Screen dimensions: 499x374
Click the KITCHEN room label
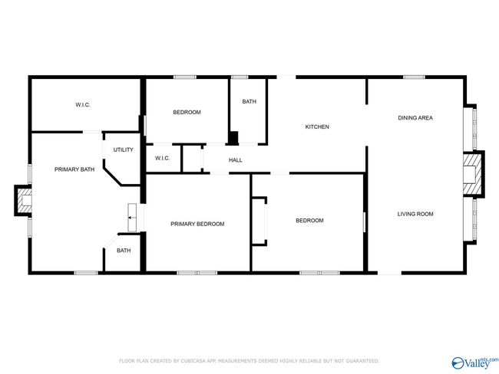pos(317,126)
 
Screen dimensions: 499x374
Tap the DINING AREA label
pos(415,118)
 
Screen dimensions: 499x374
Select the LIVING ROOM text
pos(415,214)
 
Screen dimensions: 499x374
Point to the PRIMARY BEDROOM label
pos(197,224)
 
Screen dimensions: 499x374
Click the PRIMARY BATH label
pos(74,169)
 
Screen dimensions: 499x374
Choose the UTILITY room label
pos(123,149)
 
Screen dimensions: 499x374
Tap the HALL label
pos(236,160)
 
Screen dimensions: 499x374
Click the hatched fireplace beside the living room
pos(472,174)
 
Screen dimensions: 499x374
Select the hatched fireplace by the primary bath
pos(25,201)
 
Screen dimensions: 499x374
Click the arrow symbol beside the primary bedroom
pos(131,218)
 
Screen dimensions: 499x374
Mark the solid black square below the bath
pos(234,138)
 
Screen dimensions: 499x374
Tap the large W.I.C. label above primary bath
pos(83,105)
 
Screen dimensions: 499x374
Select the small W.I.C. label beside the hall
pos(162,158)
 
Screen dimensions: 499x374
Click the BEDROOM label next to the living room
pos(309,221)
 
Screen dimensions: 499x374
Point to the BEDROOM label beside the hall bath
pos(187,112)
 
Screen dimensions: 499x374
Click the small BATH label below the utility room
pos(124,251)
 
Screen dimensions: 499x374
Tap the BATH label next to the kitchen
pos(249,102)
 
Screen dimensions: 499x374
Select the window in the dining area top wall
pos(414,77)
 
